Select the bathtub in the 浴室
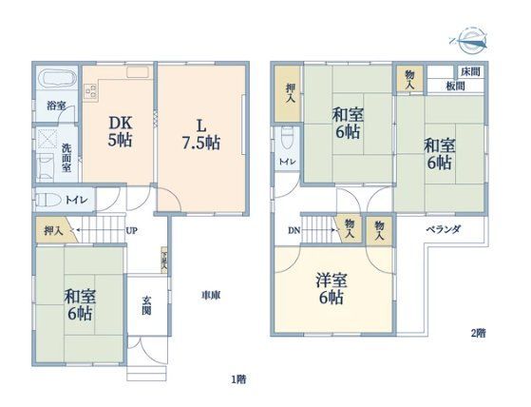[x=58, y=79]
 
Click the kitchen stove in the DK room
[x=91, y=91]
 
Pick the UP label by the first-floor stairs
[x=131, y=230]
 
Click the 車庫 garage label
[x=211, y=296]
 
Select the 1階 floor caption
[x=238, y=378]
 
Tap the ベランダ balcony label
[x=443, y=229]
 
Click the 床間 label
[x=469, y=72]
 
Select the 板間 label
[x=455, y=87]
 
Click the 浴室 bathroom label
[x=57, y=106]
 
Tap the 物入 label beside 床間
[x=409, y=78]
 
